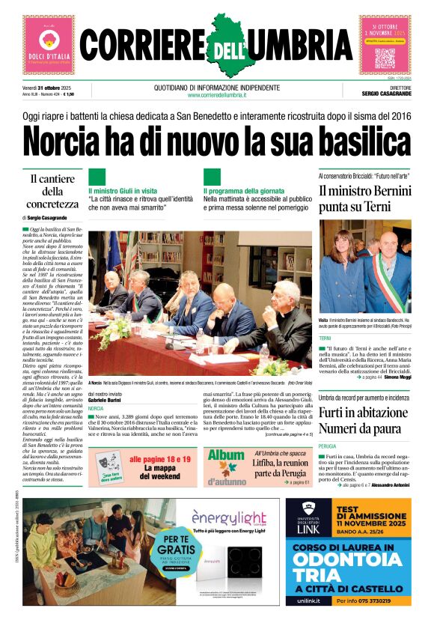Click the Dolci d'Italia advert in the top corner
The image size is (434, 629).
click(x=49, y=45)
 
